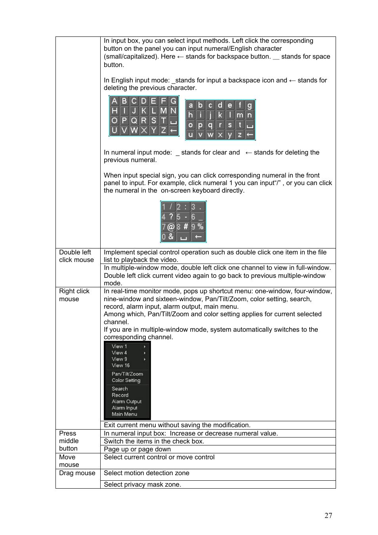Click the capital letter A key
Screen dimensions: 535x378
click(x=115, y=101)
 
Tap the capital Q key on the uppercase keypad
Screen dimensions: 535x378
click(x=134, y=120)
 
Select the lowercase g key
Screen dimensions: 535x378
click(x=249, y=105)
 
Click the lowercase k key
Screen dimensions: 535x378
click(x=220, y=115)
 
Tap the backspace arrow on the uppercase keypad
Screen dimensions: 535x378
click(x=173, y=130)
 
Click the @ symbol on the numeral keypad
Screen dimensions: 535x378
click(x=171, y=227)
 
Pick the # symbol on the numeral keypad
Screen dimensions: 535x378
click(x=185, y=227)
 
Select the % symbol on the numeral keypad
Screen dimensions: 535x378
click(x=200, y=226)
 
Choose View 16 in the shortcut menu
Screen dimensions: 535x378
click(x=120, y=365)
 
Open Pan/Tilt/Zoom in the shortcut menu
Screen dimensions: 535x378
click(x=127, y=374)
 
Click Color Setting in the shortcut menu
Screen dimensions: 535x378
click(x=126, y=380)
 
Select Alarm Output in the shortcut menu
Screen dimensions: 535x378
click(x=126, y=401)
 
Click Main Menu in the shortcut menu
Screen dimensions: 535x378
click(x=124, y=414)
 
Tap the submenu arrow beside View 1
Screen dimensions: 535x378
click(x=145, y=347)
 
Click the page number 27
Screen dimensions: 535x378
click(x=328, y=515)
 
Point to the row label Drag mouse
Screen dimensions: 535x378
click(x=77, y=473)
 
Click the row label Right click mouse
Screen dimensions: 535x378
click(x=74, y=295)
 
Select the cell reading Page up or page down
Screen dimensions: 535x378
click(x=137, y=449)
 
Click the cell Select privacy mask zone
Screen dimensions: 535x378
click(x=142, y=484)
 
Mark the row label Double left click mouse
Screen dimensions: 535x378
click(x=76, y=256)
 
